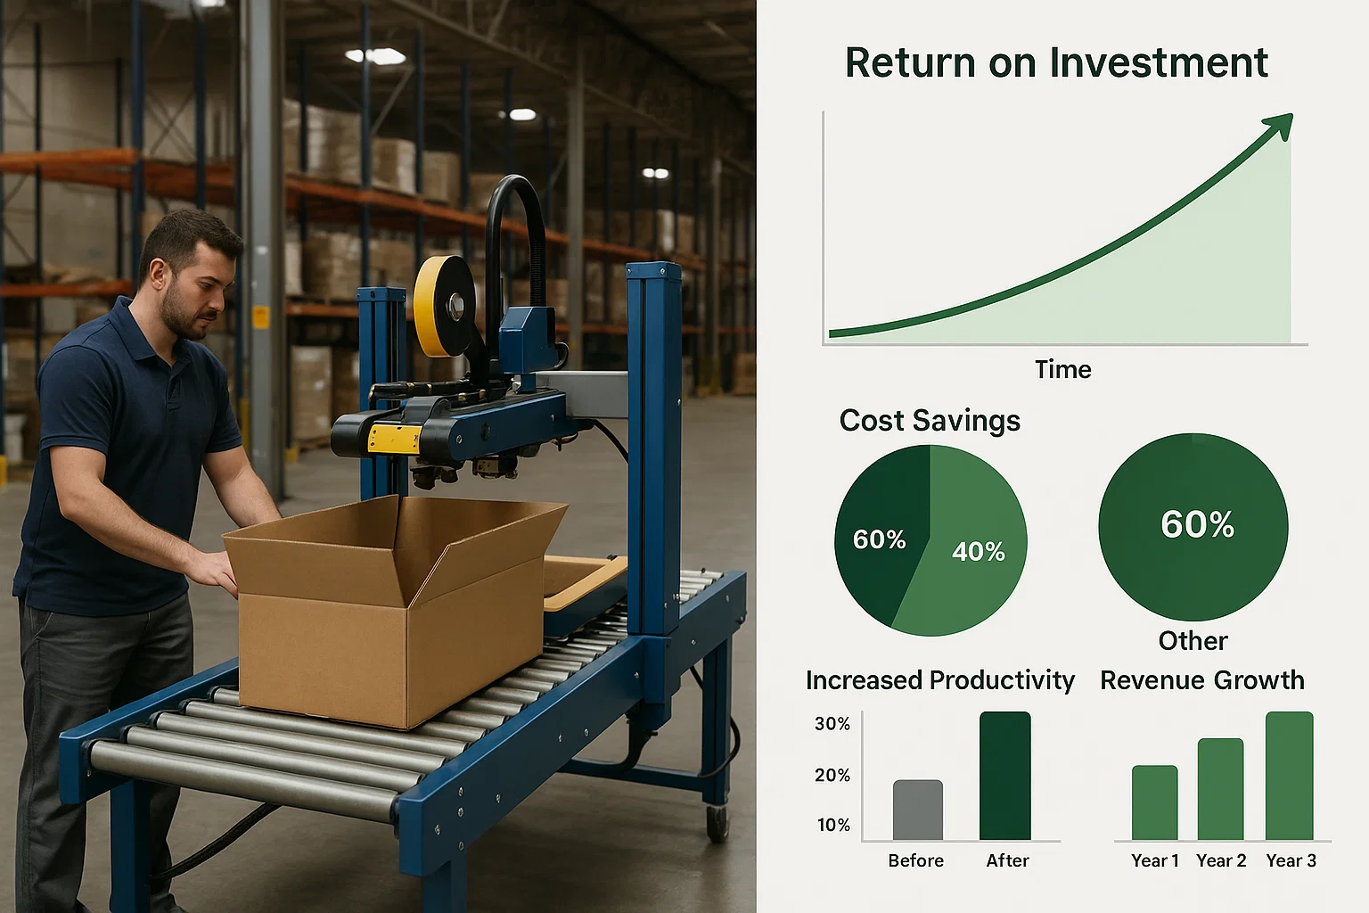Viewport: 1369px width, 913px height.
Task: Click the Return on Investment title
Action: (1056, 62)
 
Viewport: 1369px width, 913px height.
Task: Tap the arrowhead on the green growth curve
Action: (1280, 125)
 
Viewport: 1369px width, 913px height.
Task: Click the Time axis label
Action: (1062, 370)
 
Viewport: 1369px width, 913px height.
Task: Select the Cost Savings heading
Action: (930, 421)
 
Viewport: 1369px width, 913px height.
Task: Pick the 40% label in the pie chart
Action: (978, 552)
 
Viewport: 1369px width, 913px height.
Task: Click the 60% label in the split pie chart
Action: (879, 539)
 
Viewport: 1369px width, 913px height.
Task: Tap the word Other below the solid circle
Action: (1193, 641)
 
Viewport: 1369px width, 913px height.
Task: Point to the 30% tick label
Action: (832, 724)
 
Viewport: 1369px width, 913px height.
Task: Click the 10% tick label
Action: (833, 825)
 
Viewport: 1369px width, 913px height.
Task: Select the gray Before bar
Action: (917, 810)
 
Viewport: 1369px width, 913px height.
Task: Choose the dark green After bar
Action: (1004, 776)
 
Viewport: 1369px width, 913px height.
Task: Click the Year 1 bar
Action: (1154, 802)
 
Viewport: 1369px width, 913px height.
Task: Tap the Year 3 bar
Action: (1289, 776)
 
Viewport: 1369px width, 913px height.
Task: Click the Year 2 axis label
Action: (1221, 861)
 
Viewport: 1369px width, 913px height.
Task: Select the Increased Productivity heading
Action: (940, 680)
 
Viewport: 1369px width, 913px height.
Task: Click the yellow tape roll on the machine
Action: (444, 307)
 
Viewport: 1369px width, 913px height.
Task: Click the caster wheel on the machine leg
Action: (717, 823)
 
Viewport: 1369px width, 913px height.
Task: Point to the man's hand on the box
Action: (211, 571)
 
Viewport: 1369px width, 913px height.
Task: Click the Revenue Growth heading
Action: (1202, 680)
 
